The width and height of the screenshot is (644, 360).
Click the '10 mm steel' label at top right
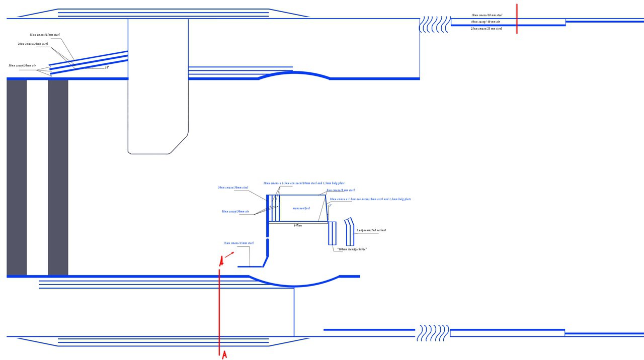point(487,16)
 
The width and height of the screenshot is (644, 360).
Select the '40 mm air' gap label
point(486,22)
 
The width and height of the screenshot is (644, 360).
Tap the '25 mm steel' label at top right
point(486,29)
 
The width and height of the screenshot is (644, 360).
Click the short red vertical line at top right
point(517,19)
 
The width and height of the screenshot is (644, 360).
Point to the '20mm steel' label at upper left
point(33,44)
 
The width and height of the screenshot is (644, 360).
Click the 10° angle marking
point(107,67)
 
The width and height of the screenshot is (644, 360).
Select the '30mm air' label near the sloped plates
point(22,66)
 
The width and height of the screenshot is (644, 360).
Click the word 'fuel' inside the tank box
point(301,208)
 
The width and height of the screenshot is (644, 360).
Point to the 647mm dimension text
point(298,226)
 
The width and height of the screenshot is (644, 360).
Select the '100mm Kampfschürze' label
point(351,249)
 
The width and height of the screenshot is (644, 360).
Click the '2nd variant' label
point(371,230)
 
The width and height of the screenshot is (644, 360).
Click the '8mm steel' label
point(340,191)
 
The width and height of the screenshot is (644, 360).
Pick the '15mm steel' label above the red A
point(238,243)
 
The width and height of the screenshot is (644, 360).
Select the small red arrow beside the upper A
point(229,255)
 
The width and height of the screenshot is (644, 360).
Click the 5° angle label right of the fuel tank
point(330,205)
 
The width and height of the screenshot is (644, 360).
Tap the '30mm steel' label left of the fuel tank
point(233,188)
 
